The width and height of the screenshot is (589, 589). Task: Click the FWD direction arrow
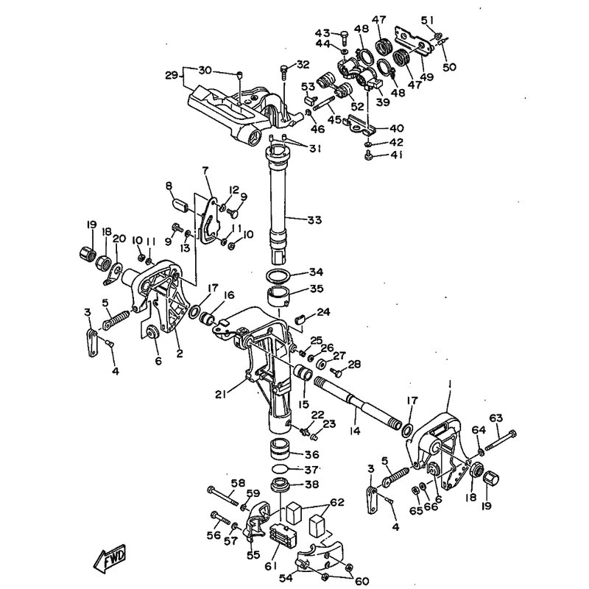[x=109, y=559]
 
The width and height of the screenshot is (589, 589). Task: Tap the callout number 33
[x=314, y=219]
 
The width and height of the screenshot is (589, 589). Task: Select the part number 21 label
[x=222, y=394]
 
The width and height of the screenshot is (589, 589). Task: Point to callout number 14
[x=354, y=431]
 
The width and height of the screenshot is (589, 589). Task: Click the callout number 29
[x=172, y=75]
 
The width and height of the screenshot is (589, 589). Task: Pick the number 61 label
[x=271, y=565]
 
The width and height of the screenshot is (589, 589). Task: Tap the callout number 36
[x=311, y=454]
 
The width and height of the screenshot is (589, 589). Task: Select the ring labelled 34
[x=278, y=275]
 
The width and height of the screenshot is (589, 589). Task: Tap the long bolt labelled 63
[x=501, y=440]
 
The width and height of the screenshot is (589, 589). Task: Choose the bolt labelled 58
[x=223, y=495]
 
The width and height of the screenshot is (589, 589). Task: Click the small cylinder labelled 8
[x=180, y=206]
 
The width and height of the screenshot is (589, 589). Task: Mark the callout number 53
[x=308, y=87]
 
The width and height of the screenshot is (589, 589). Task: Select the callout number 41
[x=396, y=155]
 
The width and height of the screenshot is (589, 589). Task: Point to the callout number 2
[x=180, y=353]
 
